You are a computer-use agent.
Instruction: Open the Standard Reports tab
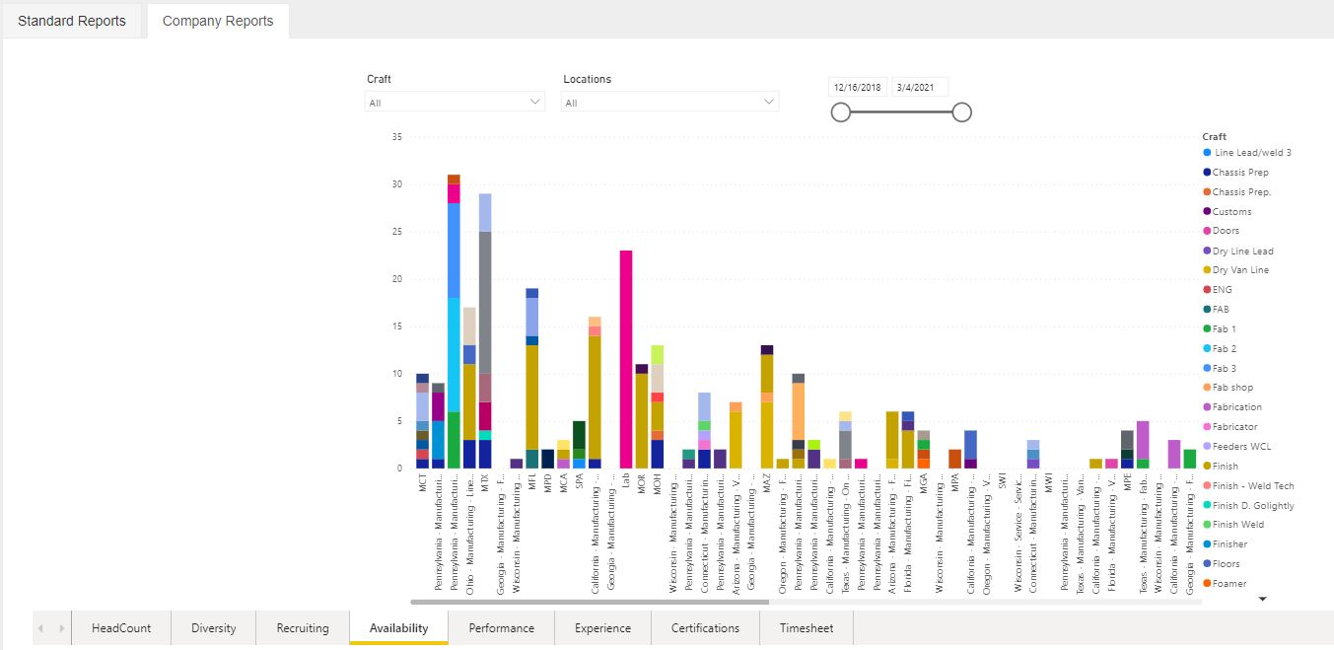[x=72, y=21]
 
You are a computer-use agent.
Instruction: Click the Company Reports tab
[x=218, y=21]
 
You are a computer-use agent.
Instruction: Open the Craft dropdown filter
[x=455, y=102]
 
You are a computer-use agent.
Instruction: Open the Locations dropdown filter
[x=669, y=102]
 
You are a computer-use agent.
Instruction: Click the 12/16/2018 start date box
[x=859, y=87]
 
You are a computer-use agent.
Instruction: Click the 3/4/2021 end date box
[x=919, y=87]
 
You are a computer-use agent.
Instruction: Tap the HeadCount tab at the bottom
[x=121, y=628]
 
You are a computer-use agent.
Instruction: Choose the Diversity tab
[x=214, y=628]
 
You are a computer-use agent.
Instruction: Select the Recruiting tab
[x=303, y=628]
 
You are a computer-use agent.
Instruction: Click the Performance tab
[x=501, y=628]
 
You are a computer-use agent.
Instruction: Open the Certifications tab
[x=705, y=628]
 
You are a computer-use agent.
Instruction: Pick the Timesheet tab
[x=807, y=628]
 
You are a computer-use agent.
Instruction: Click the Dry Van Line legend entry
[x=1240, y=270]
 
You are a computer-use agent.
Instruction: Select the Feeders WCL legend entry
[x=1241, y=447]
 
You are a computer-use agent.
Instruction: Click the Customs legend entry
[x=1231, y=211]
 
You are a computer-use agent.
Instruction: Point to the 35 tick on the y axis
[x=397, y=137]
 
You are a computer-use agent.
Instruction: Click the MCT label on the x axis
[x=423, y=484]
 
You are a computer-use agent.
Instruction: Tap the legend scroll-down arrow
[x=1261, y=599]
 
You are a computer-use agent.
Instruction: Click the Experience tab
[x=602, y=628]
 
